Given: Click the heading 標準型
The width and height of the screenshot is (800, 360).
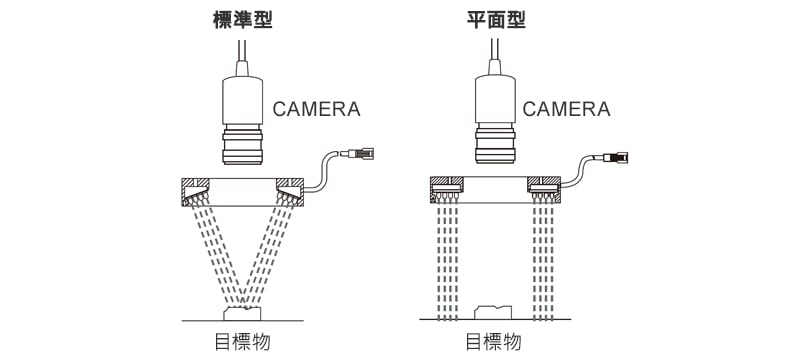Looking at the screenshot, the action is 242,20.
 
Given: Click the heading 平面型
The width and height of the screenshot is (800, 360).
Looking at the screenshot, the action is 496,20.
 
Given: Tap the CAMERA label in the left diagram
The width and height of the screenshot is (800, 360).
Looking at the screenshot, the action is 316,109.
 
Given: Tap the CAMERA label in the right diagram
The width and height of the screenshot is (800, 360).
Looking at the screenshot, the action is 566,109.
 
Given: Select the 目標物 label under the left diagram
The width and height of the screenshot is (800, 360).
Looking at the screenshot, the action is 242,342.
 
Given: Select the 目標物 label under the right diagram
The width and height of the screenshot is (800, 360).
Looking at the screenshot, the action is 493,342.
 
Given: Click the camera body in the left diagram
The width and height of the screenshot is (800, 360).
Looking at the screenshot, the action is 242,101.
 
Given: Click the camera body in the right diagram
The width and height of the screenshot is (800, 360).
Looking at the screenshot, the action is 495,100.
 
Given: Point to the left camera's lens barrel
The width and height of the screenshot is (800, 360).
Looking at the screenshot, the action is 243,145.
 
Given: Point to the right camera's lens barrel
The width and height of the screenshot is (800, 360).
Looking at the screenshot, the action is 495,144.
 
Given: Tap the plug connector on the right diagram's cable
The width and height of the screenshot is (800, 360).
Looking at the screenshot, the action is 615,157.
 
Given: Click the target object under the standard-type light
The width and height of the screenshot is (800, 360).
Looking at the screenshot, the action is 242,314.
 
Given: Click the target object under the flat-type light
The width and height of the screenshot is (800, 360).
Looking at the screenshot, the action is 493,313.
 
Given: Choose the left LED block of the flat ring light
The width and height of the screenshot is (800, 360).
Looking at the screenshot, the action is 447,194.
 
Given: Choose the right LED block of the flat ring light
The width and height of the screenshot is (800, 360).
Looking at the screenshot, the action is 544,194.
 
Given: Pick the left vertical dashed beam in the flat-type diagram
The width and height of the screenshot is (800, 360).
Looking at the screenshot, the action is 447,261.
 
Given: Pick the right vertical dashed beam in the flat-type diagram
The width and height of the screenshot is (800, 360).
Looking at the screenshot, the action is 544,261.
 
